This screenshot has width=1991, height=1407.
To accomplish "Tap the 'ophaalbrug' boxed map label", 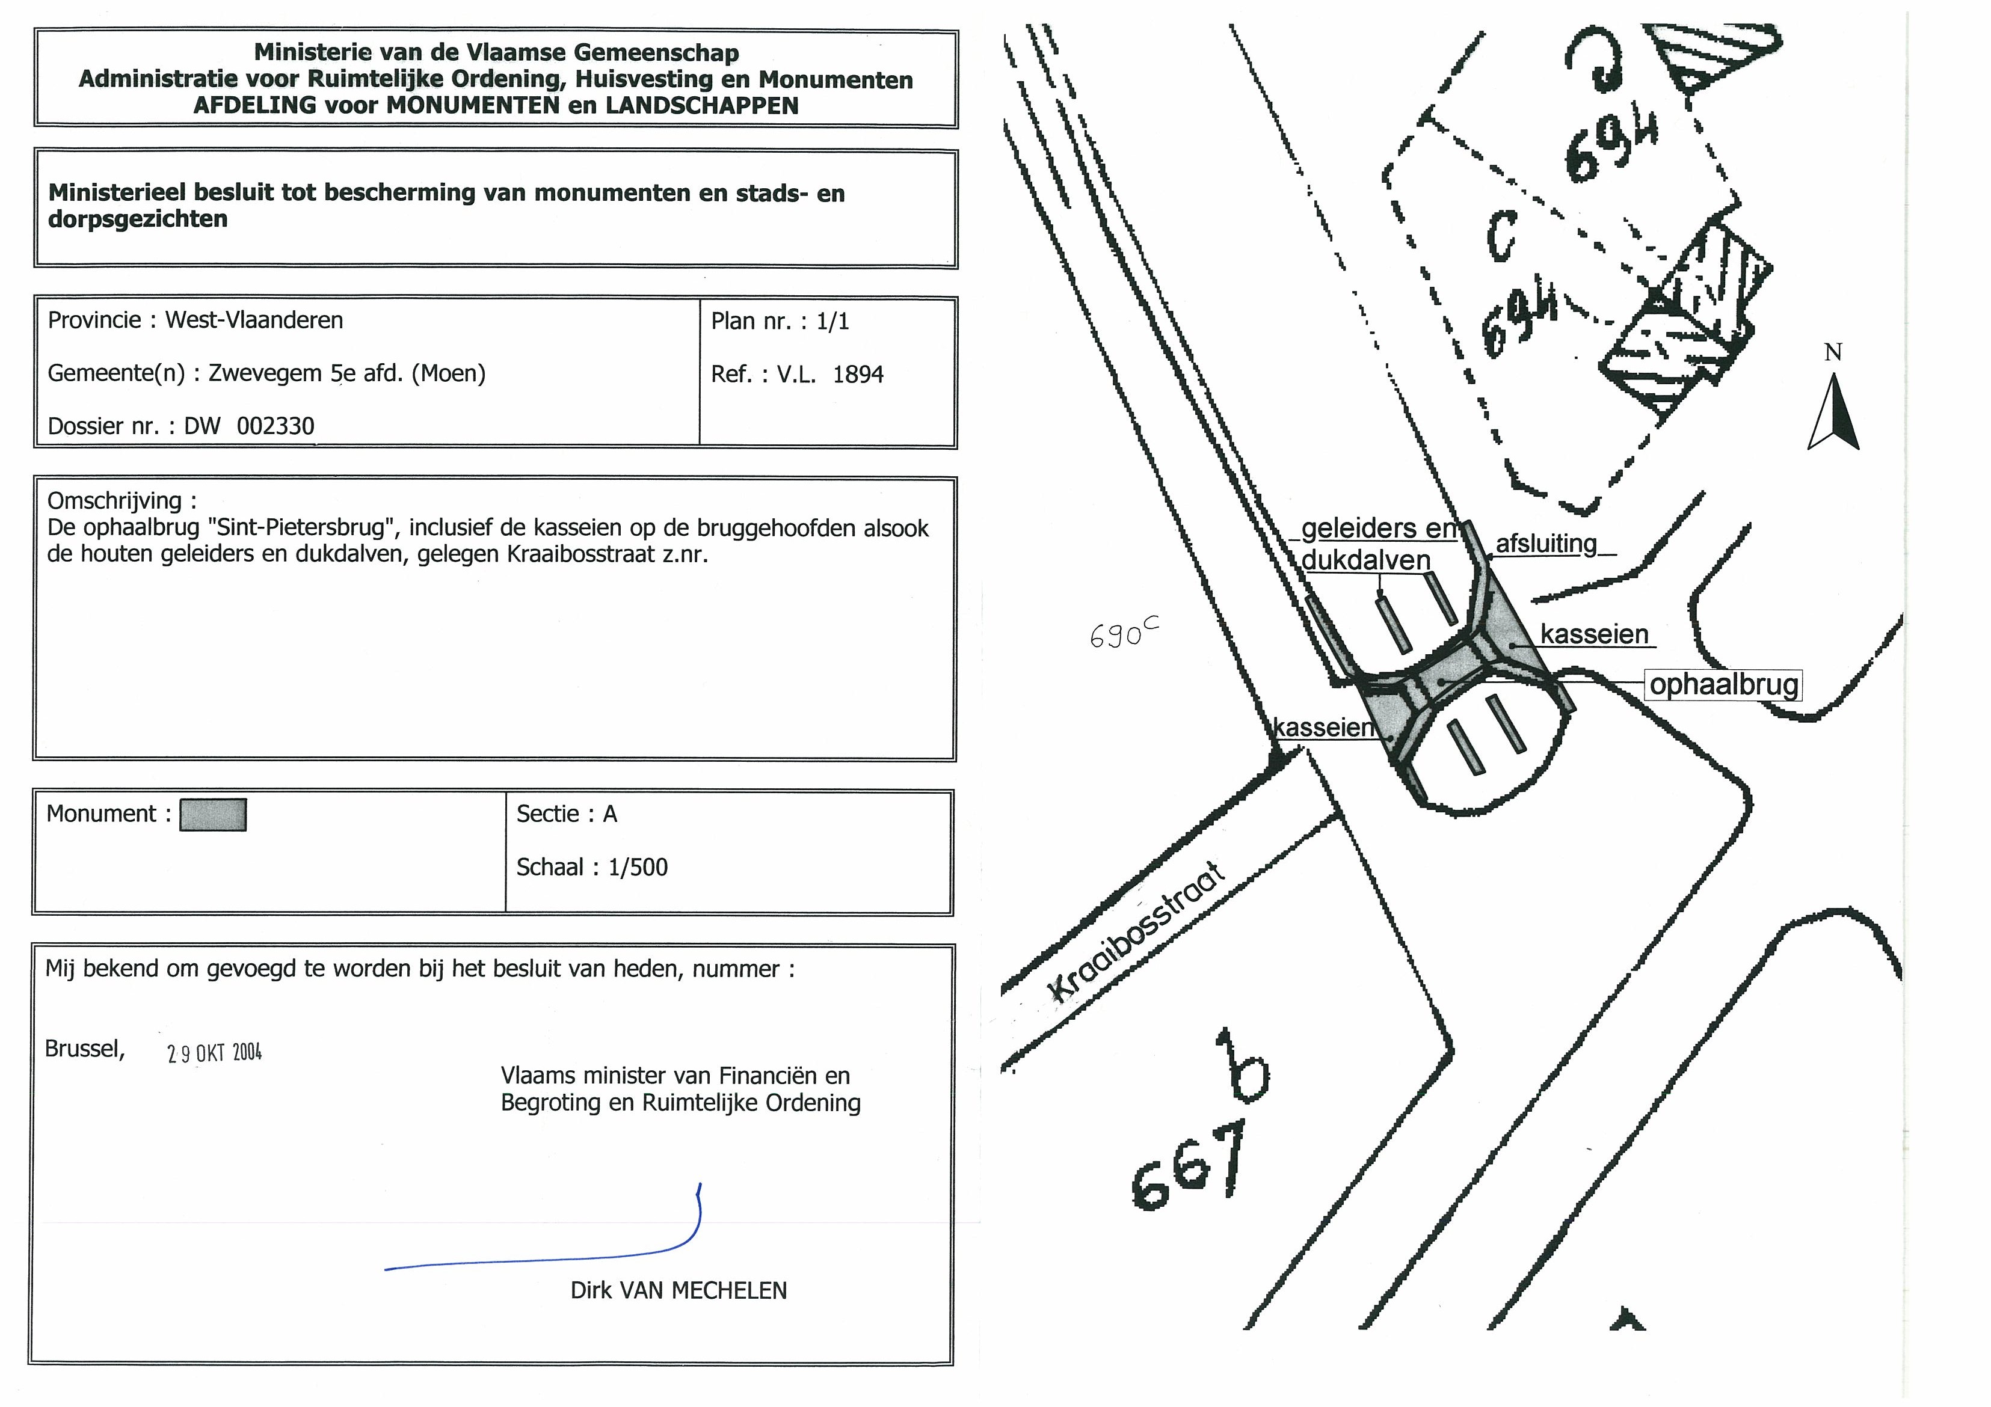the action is coord(1723,685).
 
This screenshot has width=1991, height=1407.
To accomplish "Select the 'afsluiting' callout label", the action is coord(1546,544).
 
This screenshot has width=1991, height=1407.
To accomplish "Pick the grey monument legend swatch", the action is coord(212,815).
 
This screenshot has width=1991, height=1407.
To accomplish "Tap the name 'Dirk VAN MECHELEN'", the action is coord(678,1290).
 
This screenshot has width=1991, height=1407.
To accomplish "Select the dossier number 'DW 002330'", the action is coord(249,426).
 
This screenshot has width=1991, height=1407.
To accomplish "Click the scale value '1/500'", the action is coord(638,867).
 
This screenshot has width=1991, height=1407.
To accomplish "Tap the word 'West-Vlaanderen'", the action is coord(254,320).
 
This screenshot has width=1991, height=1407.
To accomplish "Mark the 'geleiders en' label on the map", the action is coord(1379,528).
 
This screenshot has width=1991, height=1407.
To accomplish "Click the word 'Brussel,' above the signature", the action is coord(85,1049).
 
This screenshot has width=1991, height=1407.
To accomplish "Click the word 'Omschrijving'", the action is coord(114,501).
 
